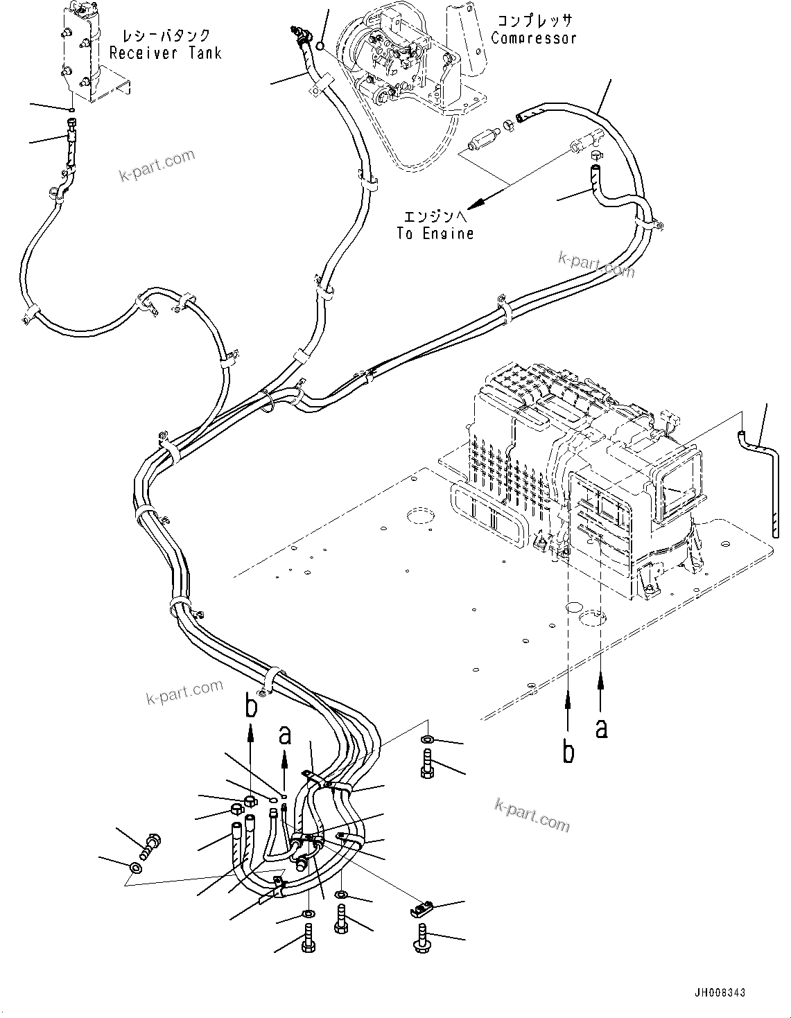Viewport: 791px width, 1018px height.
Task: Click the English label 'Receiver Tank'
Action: tap(166, 53)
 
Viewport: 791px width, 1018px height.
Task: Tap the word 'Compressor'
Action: tap(534, 37)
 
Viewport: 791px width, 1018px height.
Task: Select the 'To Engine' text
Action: tap(435, 233)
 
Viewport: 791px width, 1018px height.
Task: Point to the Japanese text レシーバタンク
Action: tap(166, 35)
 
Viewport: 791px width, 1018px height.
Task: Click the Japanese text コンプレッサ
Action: tap(534, 21)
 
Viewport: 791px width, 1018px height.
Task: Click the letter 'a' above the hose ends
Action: tap(284, 735)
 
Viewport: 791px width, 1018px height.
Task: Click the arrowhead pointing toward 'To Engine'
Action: tap(478, 203)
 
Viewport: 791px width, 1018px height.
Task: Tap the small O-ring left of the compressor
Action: tap(320, 45)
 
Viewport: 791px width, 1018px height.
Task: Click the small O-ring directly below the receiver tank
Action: tap(70, 111)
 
